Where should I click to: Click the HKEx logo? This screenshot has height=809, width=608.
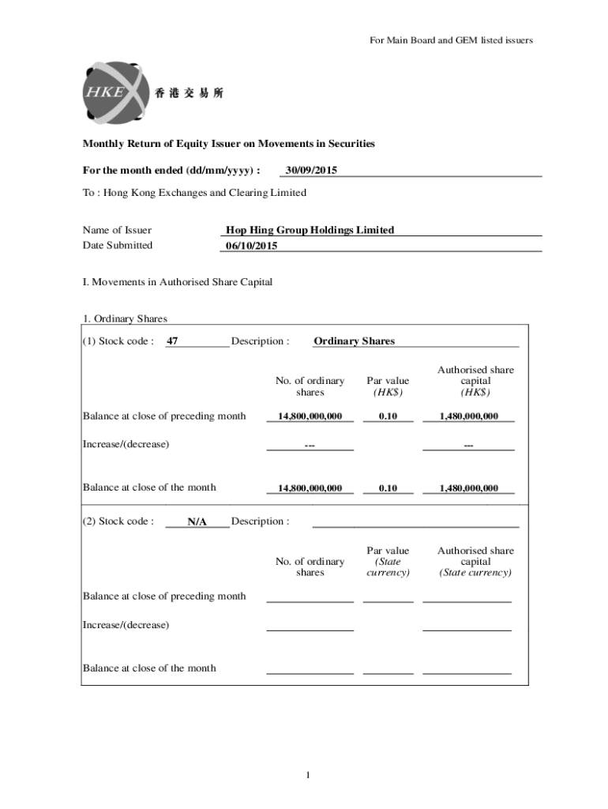click(115, 92)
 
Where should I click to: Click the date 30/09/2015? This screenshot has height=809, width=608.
click(311, 170)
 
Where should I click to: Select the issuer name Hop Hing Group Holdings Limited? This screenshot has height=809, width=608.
click(310, 230)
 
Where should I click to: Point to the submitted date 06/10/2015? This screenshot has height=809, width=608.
click(252, 246)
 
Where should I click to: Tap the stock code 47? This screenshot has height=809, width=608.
click(172, 341)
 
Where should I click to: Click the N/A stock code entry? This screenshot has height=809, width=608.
click(197, 521)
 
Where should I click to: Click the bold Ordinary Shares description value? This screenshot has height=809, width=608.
click(354, 341)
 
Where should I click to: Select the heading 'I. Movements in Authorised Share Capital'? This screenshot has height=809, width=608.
click(178, 282)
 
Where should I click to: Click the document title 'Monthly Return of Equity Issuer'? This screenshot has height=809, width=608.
click(229, 144)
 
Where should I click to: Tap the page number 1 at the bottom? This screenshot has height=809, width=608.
click(308, 775)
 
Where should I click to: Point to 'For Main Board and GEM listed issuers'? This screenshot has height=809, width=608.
click(451, 40)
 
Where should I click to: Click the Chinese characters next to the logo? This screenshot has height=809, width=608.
click(190, 93)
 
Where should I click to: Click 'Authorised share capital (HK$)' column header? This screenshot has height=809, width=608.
click(475, 381)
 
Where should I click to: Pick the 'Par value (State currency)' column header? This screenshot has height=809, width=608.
click(388, 561)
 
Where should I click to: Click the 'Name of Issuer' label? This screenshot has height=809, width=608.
click(117, 230)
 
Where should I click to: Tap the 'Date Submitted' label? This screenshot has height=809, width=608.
click(118, 245)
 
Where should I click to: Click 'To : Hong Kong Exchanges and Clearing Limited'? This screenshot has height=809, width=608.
click(194, 193)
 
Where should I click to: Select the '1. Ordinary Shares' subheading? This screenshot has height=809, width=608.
click(125, 319)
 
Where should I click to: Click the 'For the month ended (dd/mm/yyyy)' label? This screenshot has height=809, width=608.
click(171, 170)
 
